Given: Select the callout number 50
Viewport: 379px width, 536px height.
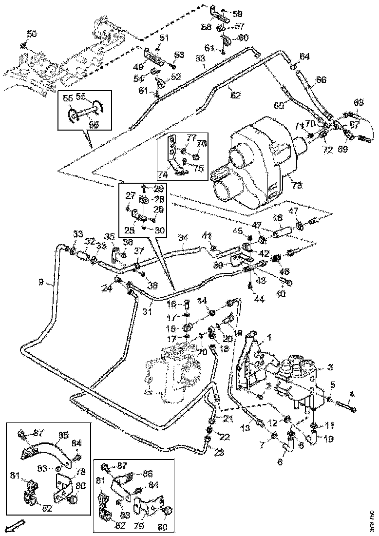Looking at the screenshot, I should point(31,34).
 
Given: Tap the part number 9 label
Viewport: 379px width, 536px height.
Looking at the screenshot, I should point(41,282).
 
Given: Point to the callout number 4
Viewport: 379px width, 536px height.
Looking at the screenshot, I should point(352,393).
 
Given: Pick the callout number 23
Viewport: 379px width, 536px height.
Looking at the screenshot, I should point(220,453).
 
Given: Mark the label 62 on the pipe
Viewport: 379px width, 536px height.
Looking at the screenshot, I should point(235,96).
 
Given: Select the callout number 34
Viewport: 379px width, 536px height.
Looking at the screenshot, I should point(183,238).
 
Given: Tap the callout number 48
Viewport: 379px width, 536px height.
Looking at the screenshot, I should point(277,217).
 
